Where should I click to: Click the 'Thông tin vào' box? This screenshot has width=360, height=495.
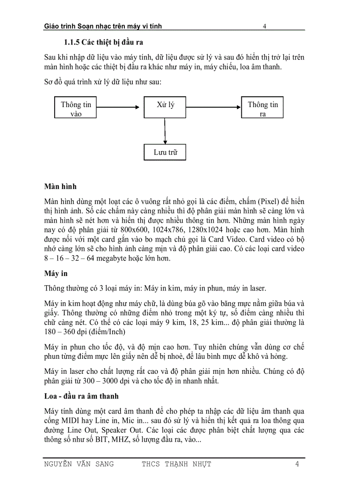76,108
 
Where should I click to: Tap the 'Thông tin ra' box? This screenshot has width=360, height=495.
262,108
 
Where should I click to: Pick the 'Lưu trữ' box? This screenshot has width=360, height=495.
165,153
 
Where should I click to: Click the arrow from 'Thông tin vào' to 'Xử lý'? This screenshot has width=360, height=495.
117,106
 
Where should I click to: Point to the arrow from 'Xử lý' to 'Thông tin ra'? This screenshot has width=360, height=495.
214,106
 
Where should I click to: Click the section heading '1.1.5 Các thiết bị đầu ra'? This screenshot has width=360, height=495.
104,43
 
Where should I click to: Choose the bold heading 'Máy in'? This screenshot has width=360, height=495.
56,274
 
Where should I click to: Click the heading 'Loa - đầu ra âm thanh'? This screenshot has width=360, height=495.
82,396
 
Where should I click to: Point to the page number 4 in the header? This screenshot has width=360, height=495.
264,26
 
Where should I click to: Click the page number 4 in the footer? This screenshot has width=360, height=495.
297,464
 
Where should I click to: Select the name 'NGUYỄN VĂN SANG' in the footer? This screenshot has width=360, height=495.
79,464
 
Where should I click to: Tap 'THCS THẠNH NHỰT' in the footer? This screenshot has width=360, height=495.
176,464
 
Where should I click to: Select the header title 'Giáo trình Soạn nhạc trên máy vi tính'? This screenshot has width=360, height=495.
103,26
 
